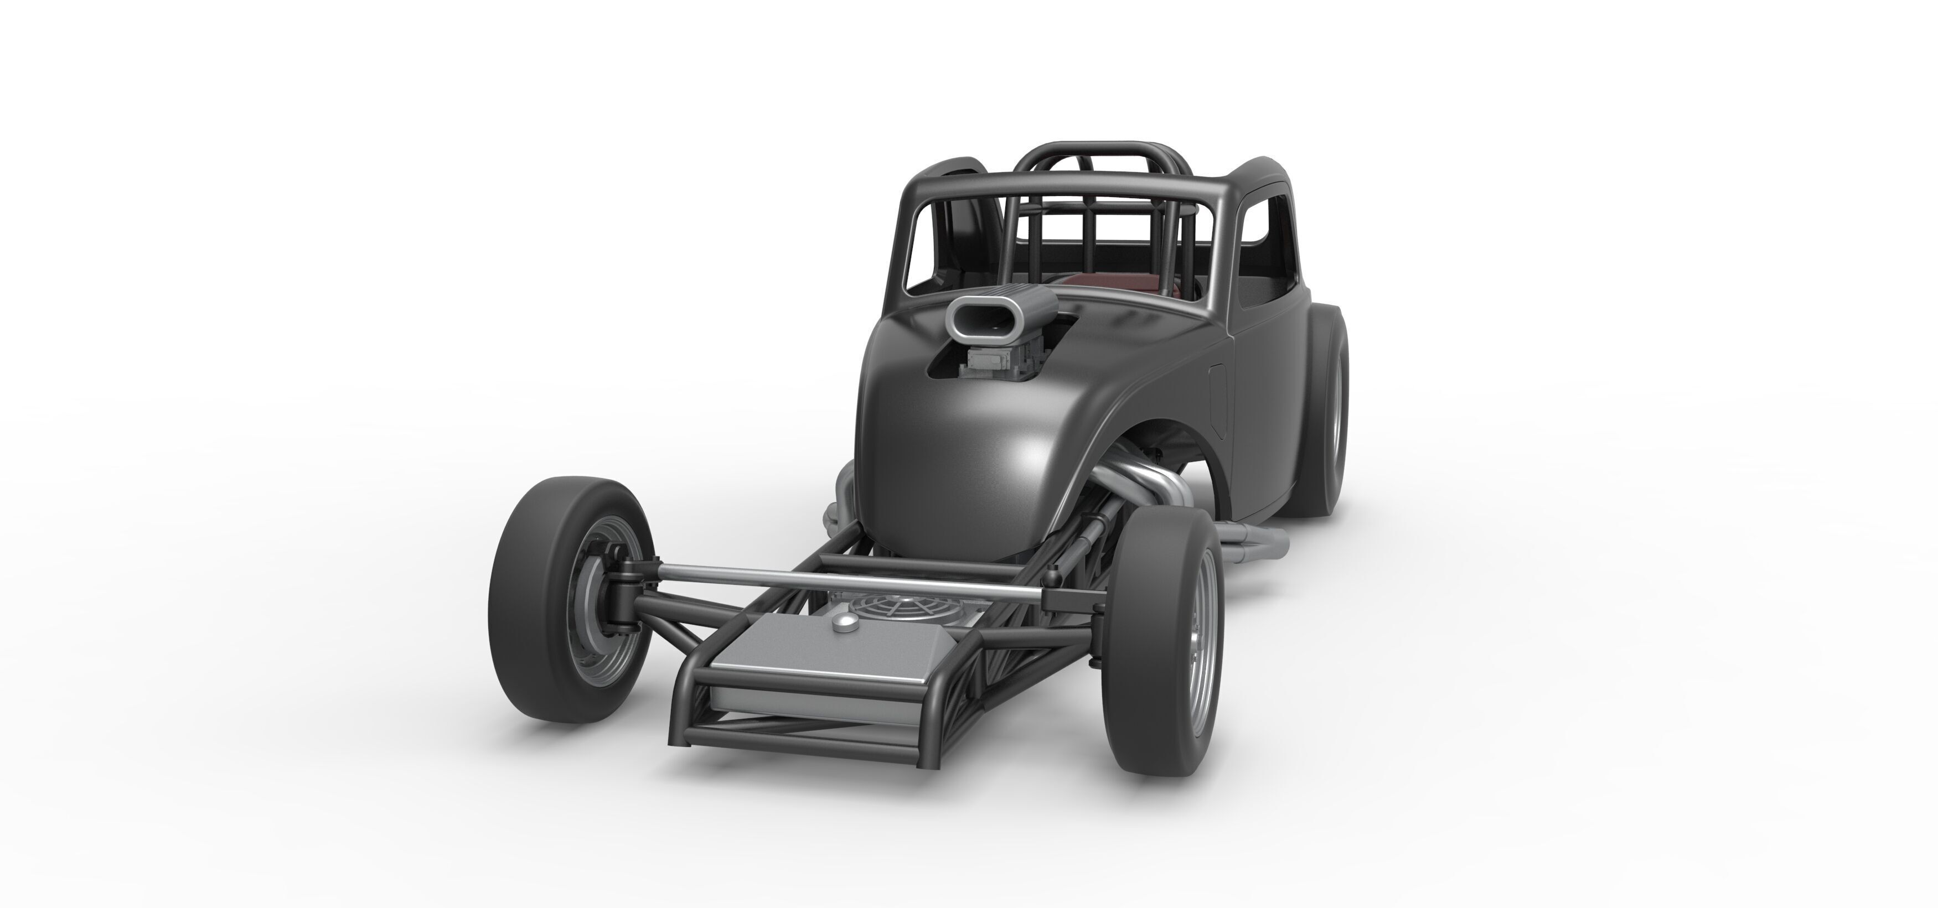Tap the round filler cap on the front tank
pos(844,642)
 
